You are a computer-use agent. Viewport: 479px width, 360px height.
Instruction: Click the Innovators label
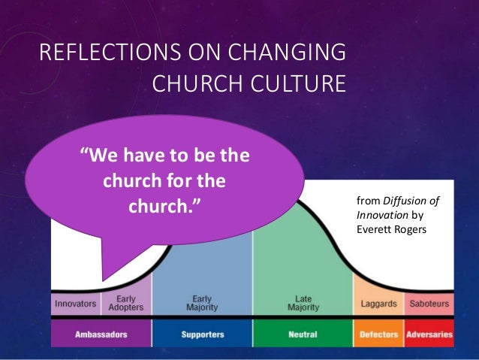(x=74, y=304)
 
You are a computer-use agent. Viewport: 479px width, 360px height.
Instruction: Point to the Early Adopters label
(x=125, y=304)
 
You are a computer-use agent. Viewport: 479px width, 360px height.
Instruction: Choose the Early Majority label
(x=201, y=304)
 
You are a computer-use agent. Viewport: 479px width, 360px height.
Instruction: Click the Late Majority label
(x=303, y=304)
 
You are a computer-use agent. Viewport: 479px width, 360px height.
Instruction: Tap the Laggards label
(x=378, y=304)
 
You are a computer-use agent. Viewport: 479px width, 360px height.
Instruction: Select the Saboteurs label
(x=429, y=304)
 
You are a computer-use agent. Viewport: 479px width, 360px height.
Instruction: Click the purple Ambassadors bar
(x=101, y=334)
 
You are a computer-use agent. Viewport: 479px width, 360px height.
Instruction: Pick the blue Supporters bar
(x=201, y=334)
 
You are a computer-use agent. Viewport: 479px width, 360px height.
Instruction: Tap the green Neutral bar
(x=303, y=334)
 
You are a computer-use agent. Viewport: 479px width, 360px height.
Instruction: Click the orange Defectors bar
(x=378, y=334)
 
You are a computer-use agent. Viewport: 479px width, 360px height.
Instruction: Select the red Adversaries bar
(x=429, y=334)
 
